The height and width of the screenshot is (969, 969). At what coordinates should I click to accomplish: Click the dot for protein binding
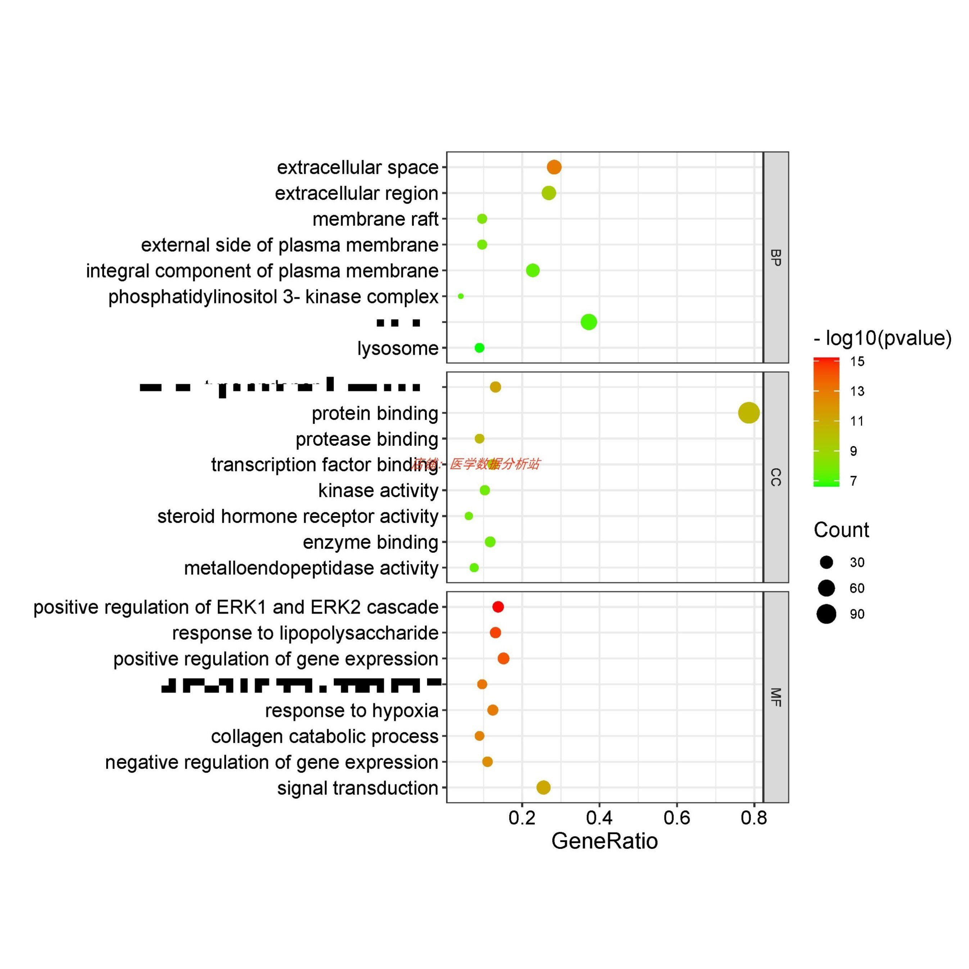pos(748,413)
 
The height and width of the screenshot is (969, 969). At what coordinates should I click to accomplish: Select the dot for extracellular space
pos(554,167)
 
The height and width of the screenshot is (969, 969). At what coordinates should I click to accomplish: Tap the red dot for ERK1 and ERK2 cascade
pos(498,607)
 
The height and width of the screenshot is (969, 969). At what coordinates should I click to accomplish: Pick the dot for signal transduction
pos(543,787)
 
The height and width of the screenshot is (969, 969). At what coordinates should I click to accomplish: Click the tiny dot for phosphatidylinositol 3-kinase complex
pos(461,296)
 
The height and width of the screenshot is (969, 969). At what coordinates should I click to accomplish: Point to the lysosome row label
pos(397,348)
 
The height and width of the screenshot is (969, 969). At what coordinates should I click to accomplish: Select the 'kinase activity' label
pos(378,490)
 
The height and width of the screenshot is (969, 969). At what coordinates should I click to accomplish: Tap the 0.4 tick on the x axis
pos(599,818)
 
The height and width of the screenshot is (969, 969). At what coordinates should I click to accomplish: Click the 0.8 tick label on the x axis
pos(754,818)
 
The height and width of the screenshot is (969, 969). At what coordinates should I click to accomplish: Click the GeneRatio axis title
pos(605,841)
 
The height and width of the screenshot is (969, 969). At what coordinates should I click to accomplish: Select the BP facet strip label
pos(775,257)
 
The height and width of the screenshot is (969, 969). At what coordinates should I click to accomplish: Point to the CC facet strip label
pos(775,477)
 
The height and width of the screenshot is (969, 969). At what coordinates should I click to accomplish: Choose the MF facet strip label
pos(775,697)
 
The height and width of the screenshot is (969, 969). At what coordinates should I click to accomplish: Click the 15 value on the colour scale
pos(857,362)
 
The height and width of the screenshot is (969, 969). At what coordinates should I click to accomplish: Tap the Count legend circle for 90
pos(826,614)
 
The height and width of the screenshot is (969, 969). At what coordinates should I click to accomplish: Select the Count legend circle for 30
pos(826,562)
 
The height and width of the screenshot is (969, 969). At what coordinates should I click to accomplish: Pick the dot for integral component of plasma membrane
pos(533,270)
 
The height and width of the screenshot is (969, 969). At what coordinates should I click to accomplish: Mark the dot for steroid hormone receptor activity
pos(468,516)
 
